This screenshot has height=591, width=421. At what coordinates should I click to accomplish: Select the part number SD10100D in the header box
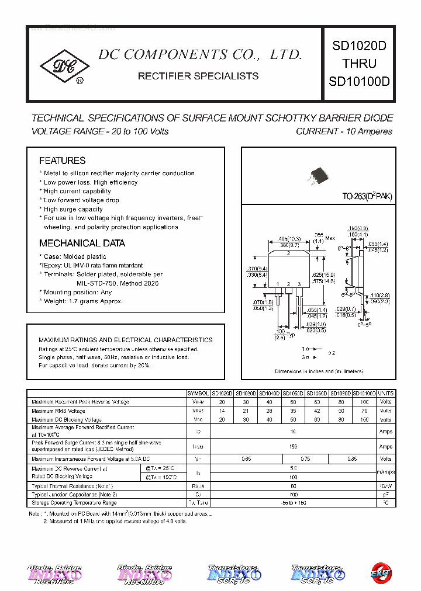coord(359,81)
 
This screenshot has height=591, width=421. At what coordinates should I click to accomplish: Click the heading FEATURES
coord(62,161)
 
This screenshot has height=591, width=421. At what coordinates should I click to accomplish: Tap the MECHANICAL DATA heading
coord(82,244)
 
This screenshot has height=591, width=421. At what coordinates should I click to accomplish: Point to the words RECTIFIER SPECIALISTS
coord(198,76)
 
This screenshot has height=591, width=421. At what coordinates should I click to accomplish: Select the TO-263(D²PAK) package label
coord(367,197)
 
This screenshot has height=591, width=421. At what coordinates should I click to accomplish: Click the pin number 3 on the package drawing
coord(299,284)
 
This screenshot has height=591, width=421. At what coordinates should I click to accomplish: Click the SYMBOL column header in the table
coord(198,394)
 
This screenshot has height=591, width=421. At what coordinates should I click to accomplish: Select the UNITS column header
coord(386,394)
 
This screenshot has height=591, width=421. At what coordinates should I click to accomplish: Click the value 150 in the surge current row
coord(293,446)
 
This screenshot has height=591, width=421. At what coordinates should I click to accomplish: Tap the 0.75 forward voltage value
coord(305,459)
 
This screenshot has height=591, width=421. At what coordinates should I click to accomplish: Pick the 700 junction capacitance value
coord(293,494)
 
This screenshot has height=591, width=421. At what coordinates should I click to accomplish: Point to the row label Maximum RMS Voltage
coord(58,411)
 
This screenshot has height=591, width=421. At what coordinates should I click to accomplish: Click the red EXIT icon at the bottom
coord(380,573)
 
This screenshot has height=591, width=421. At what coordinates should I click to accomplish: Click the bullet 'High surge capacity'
coord(73,209)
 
